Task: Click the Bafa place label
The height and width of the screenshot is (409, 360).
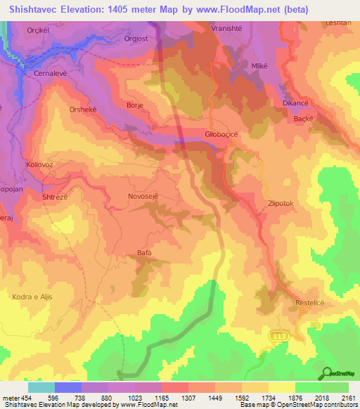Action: tap(144, 252)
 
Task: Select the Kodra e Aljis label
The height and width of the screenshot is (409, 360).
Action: tap(32, 297)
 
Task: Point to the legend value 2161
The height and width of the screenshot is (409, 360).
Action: tap(348, 398)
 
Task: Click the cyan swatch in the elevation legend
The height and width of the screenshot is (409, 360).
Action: tap(41, 387)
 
